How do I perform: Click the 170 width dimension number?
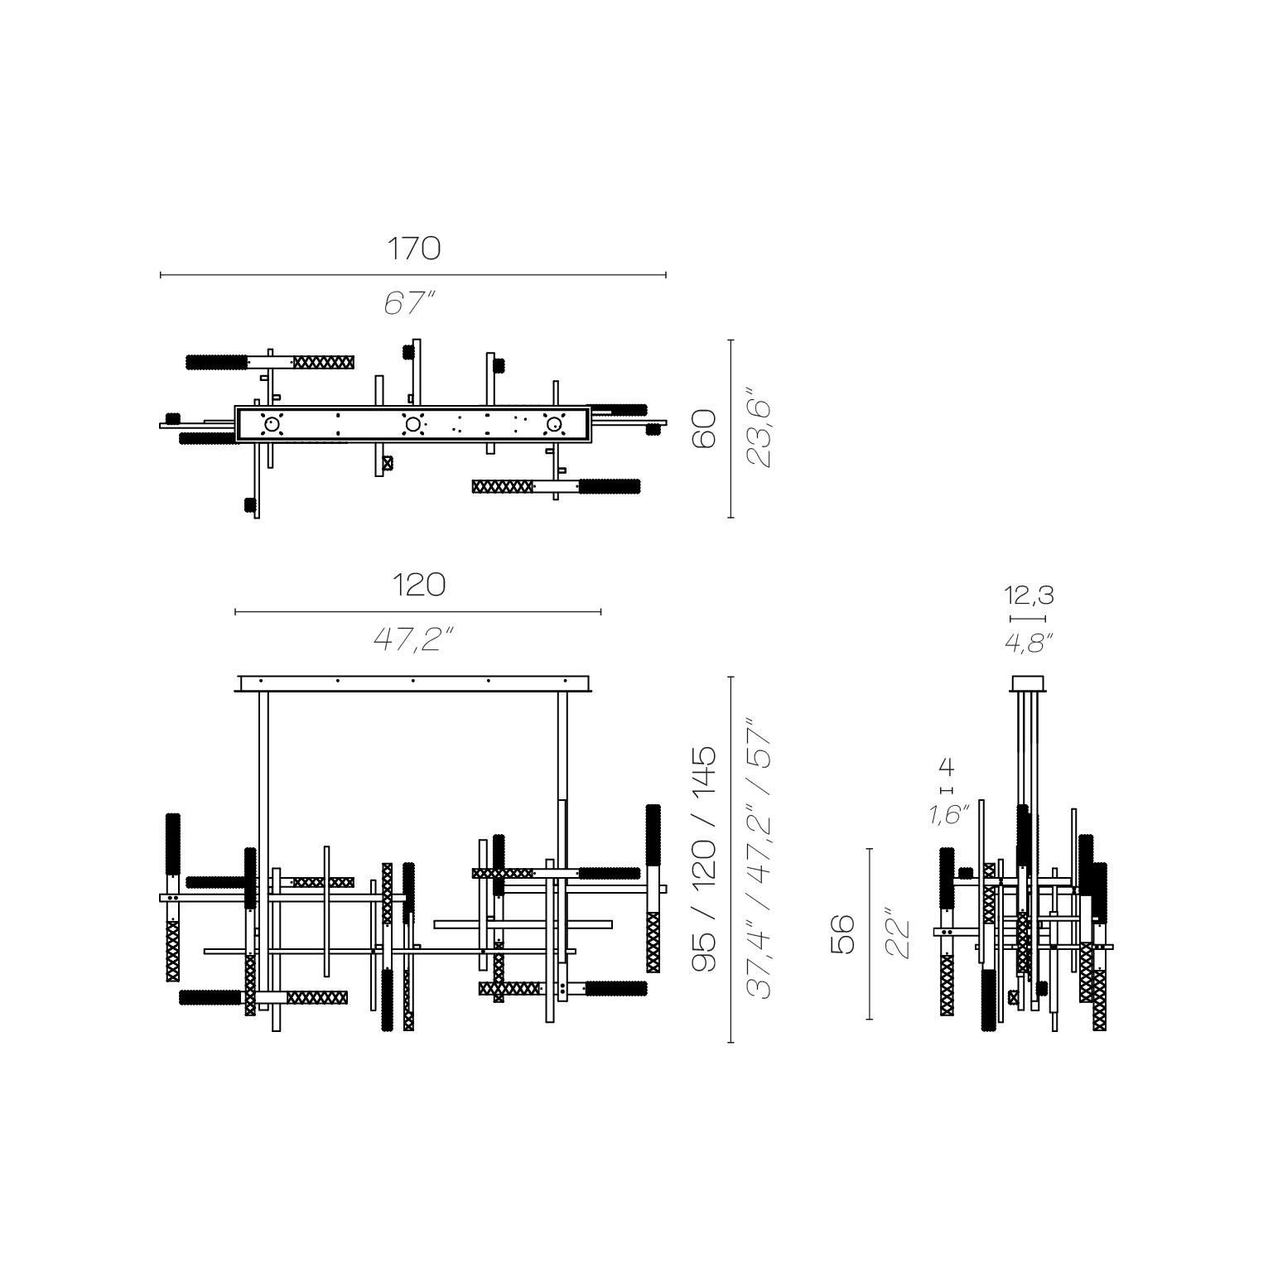click(413, 248)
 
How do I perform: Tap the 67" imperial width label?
click(410, 303)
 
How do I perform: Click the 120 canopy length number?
click(418, 585)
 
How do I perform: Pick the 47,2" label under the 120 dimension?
click(414, 639)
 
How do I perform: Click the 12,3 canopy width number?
click(1029, 595)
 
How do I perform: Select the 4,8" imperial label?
click(1028, 642)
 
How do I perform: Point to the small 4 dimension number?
click(946, 766)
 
